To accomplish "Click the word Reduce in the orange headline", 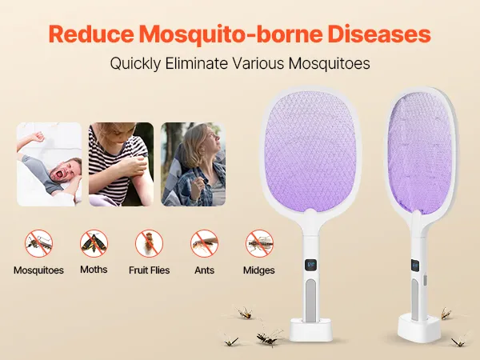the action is click(91, 34).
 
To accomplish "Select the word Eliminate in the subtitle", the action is click(197, 64).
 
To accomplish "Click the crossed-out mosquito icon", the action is click(38, 244).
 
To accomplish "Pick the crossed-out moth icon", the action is click(94, 244).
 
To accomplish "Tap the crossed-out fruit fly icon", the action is click(149, 244).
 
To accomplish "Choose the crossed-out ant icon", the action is click(204, 244).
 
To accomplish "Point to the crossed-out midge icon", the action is click(259, 244).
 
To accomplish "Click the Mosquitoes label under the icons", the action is click(38, 270).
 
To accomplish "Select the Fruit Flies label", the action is click(149, 270).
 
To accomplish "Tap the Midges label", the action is click(259, 270).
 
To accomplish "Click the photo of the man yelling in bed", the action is click(50, 164).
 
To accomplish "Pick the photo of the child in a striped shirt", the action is click(122, 164).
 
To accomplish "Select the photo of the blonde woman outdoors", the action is click(194, 164).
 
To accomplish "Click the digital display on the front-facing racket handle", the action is click(310, 265).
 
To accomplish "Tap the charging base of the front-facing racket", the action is click(310, 330).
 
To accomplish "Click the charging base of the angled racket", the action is click(419, 329).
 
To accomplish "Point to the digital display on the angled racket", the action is click(414, 266).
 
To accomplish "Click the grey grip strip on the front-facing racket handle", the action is click(310, 300).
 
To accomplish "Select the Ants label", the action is click(204, 270).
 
